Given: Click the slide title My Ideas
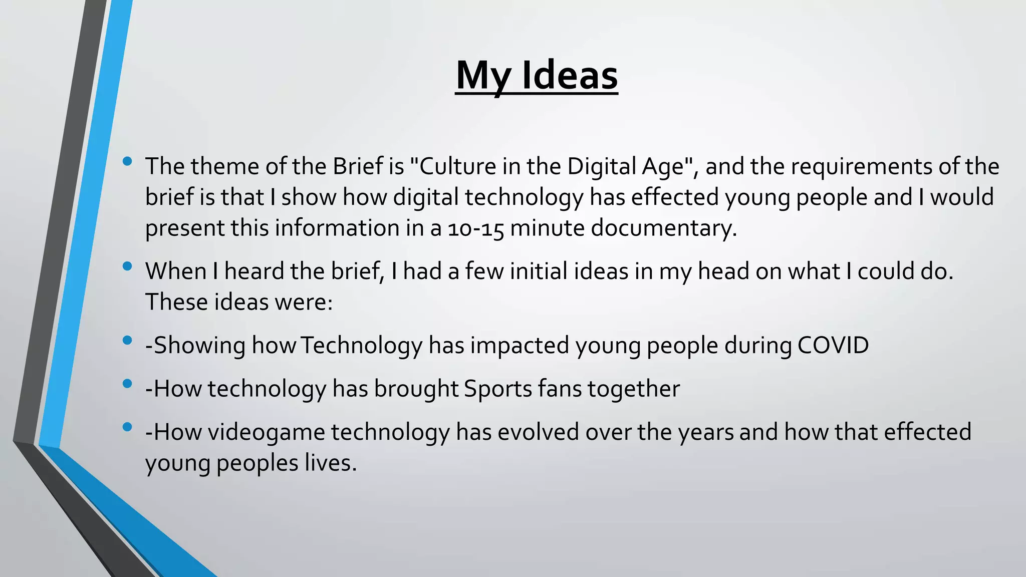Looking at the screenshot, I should point(537,75).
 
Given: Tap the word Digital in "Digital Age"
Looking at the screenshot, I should point(601,167).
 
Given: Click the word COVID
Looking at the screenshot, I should point(833,346).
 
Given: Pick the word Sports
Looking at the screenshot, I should point(497,389).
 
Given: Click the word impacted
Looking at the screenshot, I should point(519,346).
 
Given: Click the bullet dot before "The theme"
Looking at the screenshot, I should point(127,161).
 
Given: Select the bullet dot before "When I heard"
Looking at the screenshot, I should point(127,266).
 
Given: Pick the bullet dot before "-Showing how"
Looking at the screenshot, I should point(127,341).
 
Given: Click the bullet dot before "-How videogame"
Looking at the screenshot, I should point(127,427).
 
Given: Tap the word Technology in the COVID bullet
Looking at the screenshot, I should point(362,346).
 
